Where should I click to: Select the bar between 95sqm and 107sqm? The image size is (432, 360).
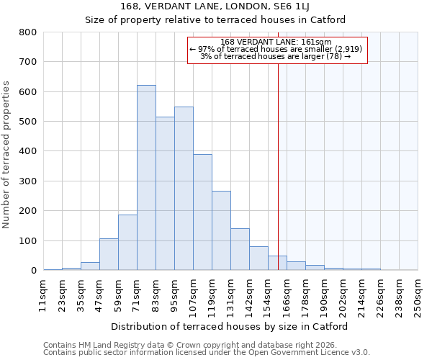pos(184,189)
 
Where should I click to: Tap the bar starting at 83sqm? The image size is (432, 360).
pos(165,194)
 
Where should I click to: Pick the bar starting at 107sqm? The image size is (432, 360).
pos(202,212)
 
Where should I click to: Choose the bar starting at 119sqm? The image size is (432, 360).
pos(221,230)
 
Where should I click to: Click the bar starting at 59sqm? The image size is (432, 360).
pos(127,243)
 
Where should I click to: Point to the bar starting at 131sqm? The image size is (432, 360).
pos(240,249)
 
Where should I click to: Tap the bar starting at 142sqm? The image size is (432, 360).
pos(258,258)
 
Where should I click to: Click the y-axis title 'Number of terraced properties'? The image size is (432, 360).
pos(7,155)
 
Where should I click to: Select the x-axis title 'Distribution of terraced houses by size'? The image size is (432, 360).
pos(230,326)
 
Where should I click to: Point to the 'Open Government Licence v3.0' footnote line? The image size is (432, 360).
pos(207,353)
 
